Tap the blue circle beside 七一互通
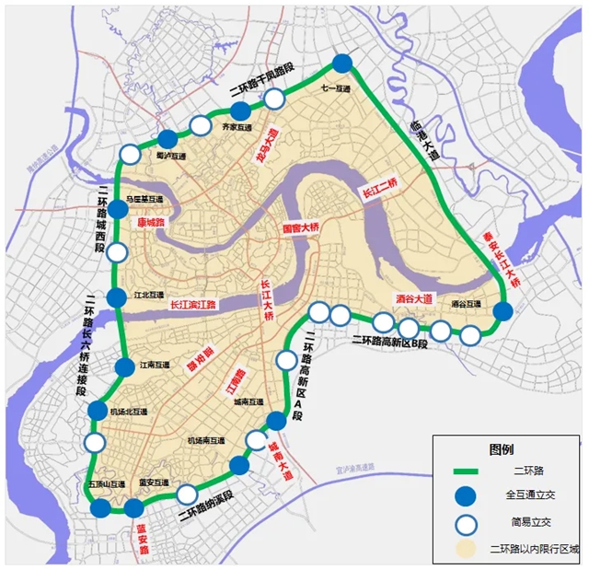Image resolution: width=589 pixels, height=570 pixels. [342, 63]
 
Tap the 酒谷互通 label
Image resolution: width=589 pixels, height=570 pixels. [467, 303]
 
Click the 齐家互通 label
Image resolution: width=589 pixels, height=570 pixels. [237, 128]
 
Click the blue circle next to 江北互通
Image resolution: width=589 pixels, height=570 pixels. [116, 297]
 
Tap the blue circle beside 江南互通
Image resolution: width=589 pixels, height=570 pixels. [124, 367]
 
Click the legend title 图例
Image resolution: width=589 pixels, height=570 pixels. [502, 449]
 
